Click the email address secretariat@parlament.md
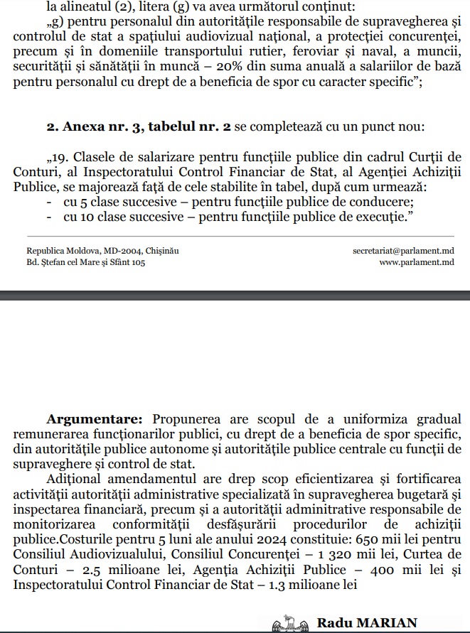click(403, 251)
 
